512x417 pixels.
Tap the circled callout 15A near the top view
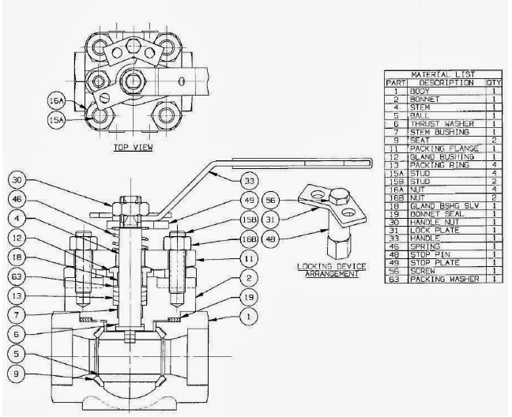[56, 121]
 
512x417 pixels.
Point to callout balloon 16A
[56, 103]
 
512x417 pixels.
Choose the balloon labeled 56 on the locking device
[269, 200]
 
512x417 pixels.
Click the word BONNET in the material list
[424, 99]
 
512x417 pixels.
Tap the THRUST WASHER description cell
[435, 124]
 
